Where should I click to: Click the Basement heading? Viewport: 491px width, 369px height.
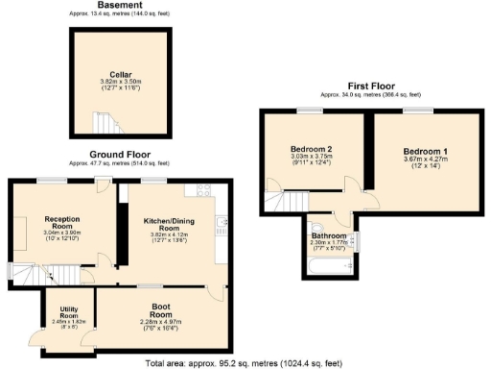click(x=120, y=6)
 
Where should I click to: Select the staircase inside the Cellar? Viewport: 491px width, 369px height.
click(x=102, y=124)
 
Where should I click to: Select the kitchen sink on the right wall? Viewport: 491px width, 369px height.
click(x=222, y=226)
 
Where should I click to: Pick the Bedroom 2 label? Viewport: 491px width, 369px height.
click(x=311, y=149)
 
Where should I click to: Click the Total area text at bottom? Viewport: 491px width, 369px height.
click(x=245, y=362)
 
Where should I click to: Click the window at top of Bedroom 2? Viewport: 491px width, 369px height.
click(x=309, y=111)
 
